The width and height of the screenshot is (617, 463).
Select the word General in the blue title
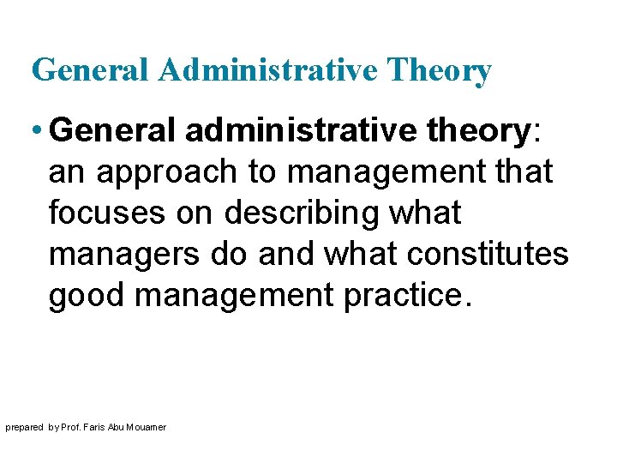coord(91,70)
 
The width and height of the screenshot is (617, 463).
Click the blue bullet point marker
coord(37,131)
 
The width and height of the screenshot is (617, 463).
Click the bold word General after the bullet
coord(113,131)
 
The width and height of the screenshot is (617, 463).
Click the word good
coord(87,296)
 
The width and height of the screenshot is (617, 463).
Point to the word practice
coord(407,296)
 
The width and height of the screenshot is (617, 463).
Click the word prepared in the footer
coord(24,427)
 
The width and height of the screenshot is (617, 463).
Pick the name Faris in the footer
coord(105,427)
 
